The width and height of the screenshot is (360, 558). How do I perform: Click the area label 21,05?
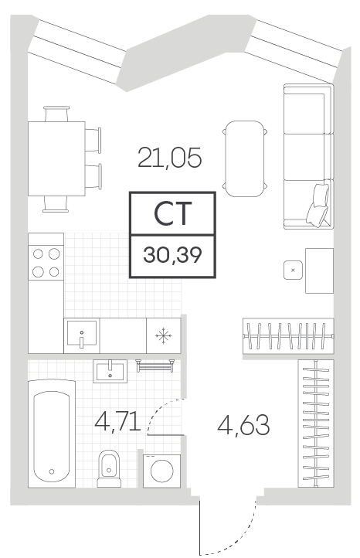tap(169, 158)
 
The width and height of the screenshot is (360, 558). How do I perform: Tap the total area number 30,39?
tap(172, 255)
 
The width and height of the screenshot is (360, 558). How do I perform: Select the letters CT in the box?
tap(173, 213)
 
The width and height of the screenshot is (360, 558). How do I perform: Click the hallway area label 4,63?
tap(243, 425)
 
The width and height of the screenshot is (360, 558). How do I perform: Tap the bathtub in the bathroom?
tap(52, 434)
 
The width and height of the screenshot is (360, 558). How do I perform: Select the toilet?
tap(109, 468)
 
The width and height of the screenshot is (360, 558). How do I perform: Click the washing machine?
tap(162, 471)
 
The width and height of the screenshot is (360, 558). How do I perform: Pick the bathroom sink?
tap(110, 371)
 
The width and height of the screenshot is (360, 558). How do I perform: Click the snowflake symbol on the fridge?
tap(164, 335)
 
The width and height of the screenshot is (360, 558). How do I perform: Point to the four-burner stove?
tap(46, 263)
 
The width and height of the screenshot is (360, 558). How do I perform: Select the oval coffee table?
tap(245, 158)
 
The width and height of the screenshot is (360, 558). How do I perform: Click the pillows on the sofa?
tap(318, 206)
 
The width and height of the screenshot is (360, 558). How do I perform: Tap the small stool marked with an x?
tap(293, 270)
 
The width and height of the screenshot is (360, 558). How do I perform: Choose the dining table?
tap(56, 158)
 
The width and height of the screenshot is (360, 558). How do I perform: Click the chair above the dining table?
tap(56, 114)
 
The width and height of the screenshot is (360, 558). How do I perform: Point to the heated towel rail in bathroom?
tap(155, 366)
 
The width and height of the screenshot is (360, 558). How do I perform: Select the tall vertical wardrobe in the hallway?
tap(316, 424)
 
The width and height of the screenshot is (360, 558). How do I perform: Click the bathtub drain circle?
tap(52, 471)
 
